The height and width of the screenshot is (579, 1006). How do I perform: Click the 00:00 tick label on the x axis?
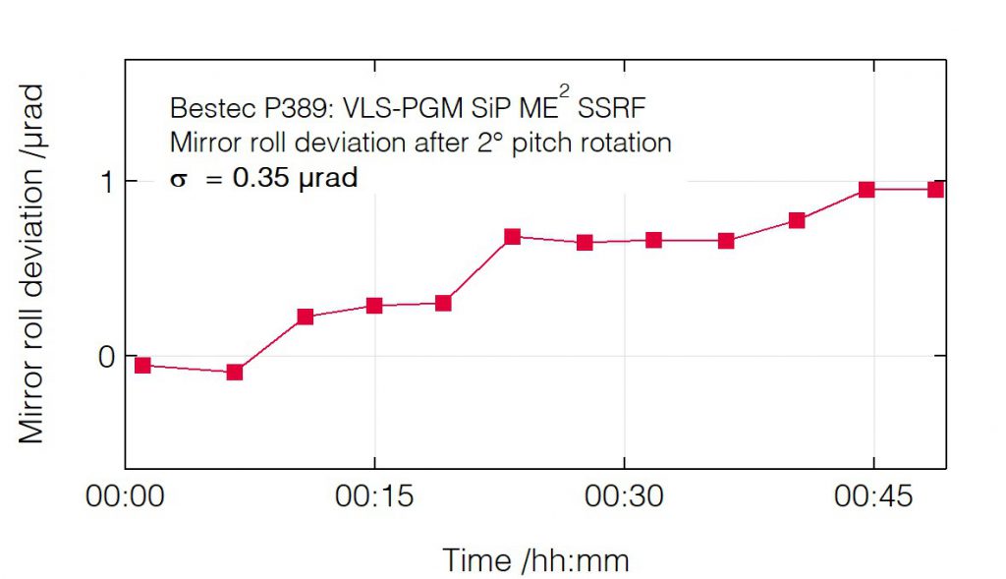tap(125, 497)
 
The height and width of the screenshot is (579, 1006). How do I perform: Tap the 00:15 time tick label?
tap(374, 497)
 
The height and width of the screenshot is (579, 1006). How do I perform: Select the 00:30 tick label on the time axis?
tap(624, 497)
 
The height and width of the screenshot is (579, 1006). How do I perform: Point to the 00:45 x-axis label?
tap(873, 497)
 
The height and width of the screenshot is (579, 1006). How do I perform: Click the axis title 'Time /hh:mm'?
tap(535, 560)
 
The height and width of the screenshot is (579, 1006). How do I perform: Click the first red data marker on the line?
tap(142, 365)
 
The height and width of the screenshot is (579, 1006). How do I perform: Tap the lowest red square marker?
tap(235, 372)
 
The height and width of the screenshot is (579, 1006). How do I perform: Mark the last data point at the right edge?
tap(935, 189)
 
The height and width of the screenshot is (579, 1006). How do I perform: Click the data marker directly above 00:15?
tap(374, 305)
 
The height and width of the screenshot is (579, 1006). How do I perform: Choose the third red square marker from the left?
tap(305, 317)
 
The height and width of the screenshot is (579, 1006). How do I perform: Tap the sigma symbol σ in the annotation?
tap(177, 181)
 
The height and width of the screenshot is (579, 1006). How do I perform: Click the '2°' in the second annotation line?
tap(497, 143)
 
